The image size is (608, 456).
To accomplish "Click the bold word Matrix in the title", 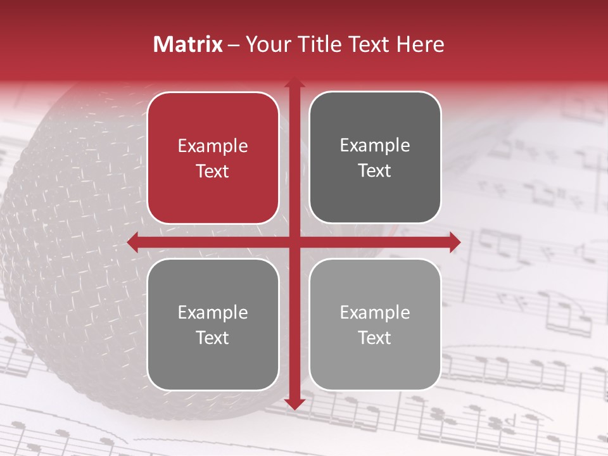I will [188, 44].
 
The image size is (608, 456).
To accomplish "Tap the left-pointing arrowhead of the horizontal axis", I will [133, 243].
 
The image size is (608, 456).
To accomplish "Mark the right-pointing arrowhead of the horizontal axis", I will [455, 243].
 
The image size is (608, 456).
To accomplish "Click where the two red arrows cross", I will [294, 243].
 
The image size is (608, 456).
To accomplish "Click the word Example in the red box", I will [213, 146].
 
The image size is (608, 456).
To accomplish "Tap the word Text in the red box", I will [213, 171].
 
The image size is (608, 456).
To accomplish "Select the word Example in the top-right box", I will [375, 146].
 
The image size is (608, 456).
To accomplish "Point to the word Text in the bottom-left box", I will [213, 338].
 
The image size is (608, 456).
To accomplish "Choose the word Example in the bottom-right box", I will [375, 312].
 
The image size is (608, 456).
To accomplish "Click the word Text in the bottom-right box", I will [375, 338].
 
